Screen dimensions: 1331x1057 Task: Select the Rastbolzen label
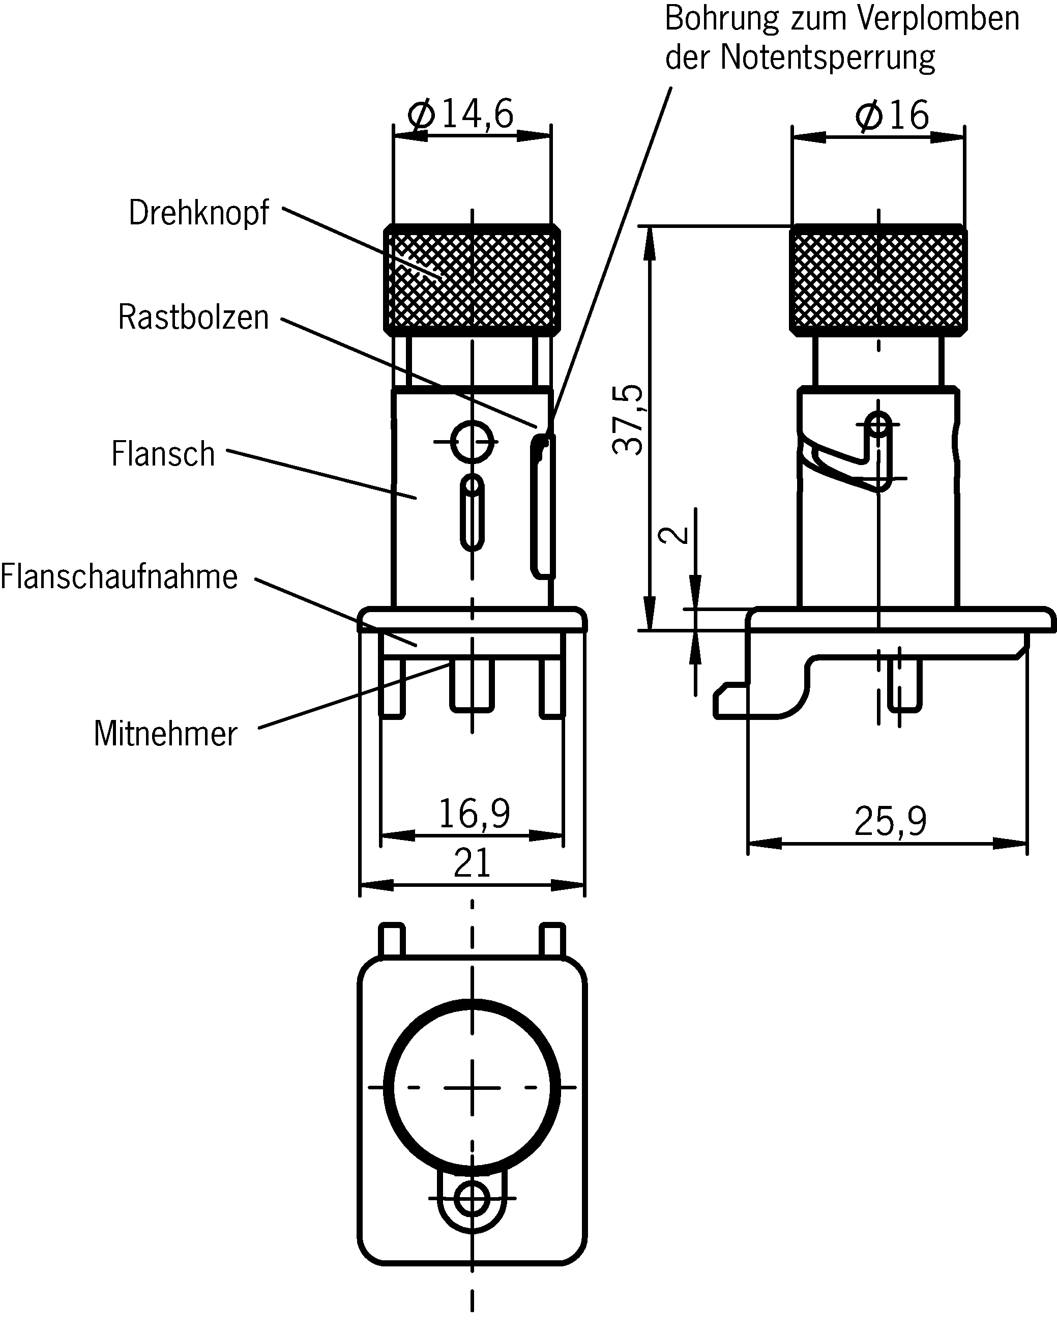pyautogui.click(x=193, y=318)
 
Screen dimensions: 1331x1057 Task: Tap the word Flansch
pyautogui.click(x=163, y=454)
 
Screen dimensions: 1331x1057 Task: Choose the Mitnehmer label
pyautogui.click(x=165, y=734)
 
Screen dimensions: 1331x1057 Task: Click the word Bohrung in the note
pyautogui.click(x=721, y=20)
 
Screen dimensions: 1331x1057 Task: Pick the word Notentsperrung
pyautogui.click(x=828, y=58)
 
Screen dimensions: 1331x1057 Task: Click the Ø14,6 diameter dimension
pyautogui.click(x=460, y=114)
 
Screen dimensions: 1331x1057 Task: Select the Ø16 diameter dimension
pyautogui.click(x=892, y=115)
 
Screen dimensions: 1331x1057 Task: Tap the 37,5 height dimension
pyautogui.click(x=628, y=420)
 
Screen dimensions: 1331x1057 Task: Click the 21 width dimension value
pyautogui.click(x=472, y=863)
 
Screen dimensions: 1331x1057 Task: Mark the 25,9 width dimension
pyautogui.click(x=890, y=822)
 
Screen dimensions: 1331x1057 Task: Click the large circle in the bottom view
pyautogui.click(x=472, y=1087)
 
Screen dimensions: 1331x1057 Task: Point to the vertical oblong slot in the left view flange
pyautogui.click(x=473, y=512)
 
